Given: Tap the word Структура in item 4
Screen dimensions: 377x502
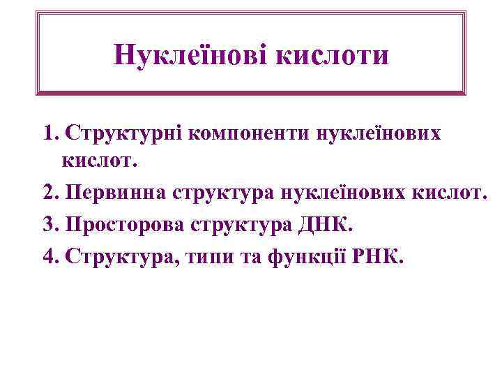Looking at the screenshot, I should click(x=121, y=258).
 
